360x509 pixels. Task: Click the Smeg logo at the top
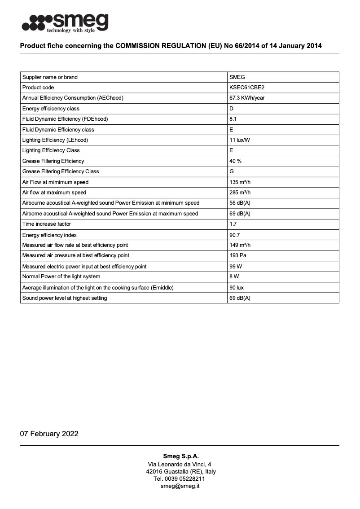[x=65, y=23]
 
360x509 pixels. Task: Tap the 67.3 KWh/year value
[x=247, y=98]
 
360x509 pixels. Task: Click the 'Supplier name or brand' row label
[x=50, y=77]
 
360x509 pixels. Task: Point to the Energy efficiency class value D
[x=232, y=109]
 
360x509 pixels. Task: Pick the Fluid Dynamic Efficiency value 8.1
[x=233, y=119]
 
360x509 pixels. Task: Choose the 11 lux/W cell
[x=240, y=140]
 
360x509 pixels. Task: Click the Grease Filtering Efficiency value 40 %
[x=235, y=161]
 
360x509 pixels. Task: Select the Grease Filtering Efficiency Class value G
[x=232, y=171]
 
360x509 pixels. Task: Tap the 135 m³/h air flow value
[x=240, y=182]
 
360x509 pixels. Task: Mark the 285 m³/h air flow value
[x=240, y=193]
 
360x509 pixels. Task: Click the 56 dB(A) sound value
[x=240, y=203]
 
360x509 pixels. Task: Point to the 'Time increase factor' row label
[x=47, y=224]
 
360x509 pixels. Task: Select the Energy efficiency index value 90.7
[x=235, y=235]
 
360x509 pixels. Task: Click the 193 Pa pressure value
[x=237, y=255]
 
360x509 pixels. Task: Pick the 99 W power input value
[x=236, y=267]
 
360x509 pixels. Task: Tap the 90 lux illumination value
[x=237, y=288]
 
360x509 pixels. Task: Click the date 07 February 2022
[x=49, y=434]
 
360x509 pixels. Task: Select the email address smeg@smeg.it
[x=180, y=486]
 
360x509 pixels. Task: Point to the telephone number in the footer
[x=180, y=479]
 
